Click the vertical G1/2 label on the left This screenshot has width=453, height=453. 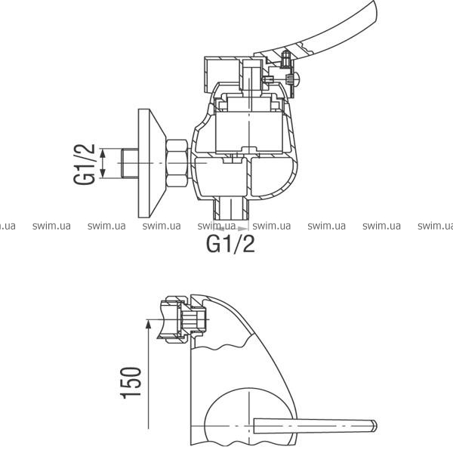(x=84, y=164)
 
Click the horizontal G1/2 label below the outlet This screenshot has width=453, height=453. (x=230, y=244)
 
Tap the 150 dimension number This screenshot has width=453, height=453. (x=131, y=383)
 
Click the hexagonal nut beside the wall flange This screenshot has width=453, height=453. (x=177, y=163)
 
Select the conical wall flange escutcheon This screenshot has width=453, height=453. (x=152, y=163)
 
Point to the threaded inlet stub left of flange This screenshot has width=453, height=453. (x=129, y=163)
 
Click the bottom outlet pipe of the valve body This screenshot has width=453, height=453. (x=230, y=208)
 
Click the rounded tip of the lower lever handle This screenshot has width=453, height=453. (x=374, y=426)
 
